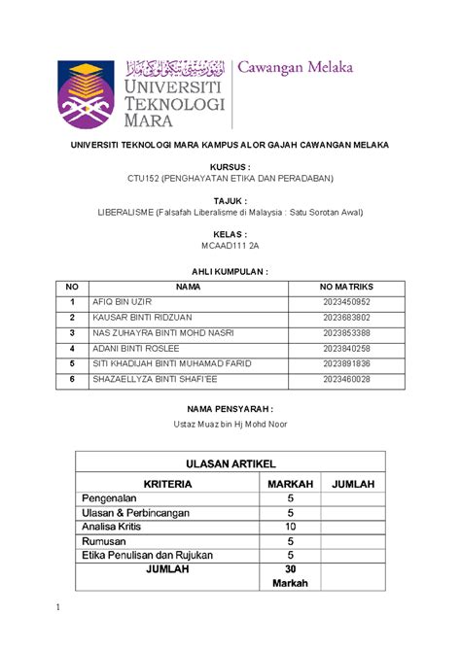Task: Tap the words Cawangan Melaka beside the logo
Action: (x=296, y=68)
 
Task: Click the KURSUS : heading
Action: (x=230, y=167)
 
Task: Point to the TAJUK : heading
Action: (x=230, y=200)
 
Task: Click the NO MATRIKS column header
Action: (x=346, y=287)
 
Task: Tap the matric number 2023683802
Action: (x=346, y=317)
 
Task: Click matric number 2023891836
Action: (x=346, y=362)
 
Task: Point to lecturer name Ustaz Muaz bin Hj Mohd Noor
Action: (x=230, y=424)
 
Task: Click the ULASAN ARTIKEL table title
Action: (x=230, y=464)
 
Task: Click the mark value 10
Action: (x=290, y=527)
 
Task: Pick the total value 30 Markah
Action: (x=290, y=576)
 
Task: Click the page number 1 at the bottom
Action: (x=58, y=608)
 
